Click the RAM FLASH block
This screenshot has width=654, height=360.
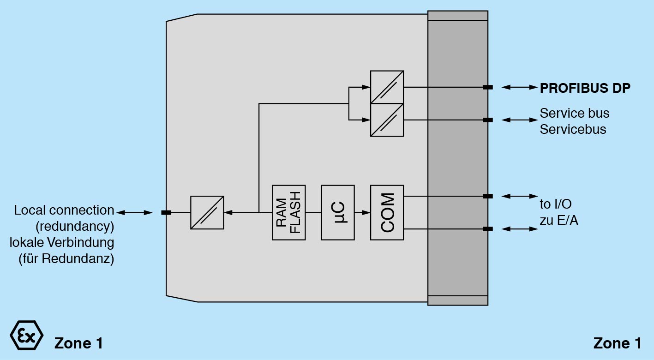(288, 212)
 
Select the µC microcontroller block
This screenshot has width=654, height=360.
(338, 212)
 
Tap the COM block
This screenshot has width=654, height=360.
(387, 212)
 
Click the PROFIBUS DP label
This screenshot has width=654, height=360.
(585, 88)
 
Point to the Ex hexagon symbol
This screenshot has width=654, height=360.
(26, 335)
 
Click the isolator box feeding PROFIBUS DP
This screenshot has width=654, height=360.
(387, 87)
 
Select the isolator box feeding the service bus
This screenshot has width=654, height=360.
(387, 120)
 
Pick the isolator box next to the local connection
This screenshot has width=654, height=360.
(207, 212)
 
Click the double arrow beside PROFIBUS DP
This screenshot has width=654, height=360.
(520, 87)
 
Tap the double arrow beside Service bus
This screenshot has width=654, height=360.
(520, 120)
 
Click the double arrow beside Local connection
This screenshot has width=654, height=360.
(134, 212)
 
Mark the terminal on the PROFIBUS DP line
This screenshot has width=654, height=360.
(487, 87)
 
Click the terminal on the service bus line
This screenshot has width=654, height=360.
(487, 120)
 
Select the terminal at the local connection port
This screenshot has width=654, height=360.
(166, 212)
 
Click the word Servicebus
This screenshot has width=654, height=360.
(573, 129)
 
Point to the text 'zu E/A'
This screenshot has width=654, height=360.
(559, 221)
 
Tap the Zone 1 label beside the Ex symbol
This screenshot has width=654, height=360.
(78, 343)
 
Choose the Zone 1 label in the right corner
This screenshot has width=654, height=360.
(617, 343)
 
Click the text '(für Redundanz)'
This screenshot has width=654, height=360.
(66, 259)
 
